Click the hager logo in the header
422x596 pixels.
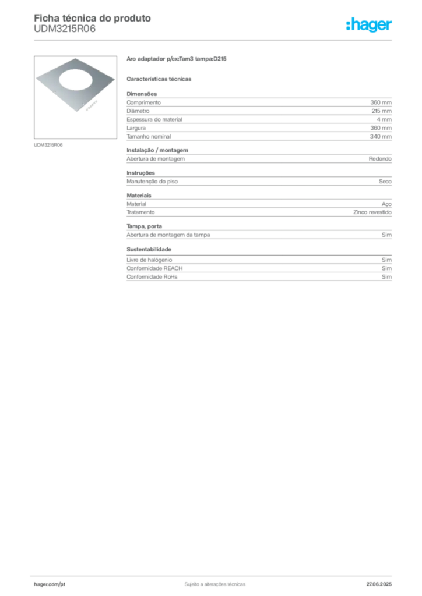[x=368, y=24]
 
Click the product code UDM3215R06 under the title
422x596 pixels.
[x=65, y=29]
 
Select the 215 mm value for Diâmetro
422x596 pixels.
[x=381, y=111]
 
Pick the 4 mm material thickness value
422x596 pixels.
[x=384, y=119]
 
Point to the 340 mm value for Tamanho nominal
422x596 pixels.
[x=381, y=136]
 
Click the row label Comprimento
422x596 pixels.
[x=143, y=102]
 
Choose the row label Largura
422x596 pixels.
[x=136, y=128]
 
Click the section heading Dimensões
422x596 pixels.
[x=142, y=94]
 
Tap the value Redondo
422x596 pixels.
[x=380, y=159]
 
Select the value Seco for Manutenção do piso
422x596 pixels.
[x=385, y=182]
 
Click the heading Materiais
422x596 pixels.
[x=139, y=196]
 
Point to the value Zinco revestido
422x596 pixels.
[x=372, y=212]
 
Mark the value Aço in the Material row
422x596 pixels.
[x=386, y=204]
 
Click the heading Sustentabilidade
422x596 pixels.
[x=149, y=249]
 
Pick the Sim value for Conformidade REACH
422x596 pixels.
[x=386, y=268]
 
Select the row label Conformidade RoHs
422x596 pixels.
[x=152, y=276]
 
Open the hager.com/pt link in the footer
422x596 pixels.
[x=50, y=584]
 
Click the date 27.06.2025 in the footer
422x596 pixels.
[x=379, y=584]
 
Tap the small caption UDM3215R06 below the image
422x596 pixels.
[x=48, y=145]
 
